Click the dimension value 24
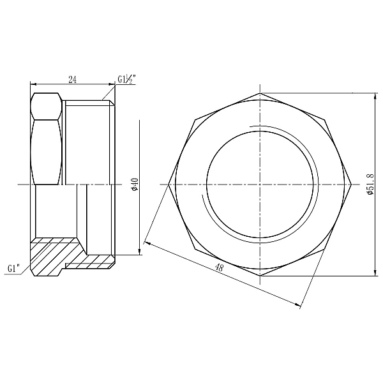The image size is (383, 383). click(72, 79)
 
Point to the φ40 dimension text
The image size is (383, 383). click(135, 184)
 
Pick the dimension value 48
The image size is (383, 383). click(219, 269)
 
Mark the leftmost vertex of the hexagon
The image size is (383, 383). click(169, 184)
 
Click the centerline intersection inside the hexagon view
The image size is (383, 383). click(260, 184)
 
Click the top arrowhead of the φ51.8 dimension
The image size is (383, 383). click(375, 94)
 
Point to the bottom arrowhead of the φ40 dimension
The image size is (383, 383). click(139, 253)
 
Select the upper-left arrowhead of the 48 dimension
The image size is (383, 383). click(147, 243)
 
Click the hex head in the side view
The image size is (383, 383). click(46, 138)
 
